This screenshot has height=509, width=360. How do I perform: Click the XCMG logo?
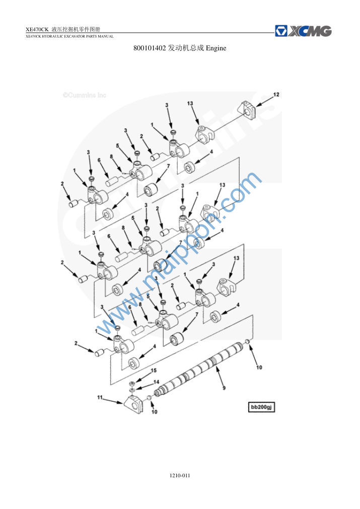click(x=303, y=31)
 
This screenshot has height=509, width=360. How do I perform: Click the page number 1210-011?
click(x=180, y=475)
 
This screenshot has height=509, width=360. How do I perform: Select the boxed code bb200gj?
click(x=261, y=407)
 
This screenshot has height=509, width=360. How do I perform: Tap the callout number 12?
click(x=276, y=95)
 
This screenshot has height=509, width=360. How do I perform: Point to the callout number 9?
click(x=224, y=388)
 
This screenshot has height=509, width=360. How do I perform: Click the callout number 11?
click(x=100, y=397)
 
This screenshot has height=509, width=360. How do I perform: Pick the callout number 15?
click(x=154, y=371)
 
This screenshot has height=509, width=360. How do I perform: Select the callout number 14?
click(x=156, y=382)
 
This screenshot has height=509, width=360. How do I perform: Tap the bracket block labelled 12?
click(x=248, y=110)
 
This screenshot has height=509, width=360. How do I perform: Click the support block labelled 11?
click(x=133, y=403)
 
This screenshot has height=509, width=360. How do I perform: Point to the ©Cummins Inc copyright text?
click(x=85, y=95)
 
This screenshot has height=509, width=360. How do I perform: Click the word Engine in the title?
click(x=216, y=48)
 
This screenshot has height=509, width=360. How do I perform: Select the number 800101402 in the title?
click(x=150, y=48)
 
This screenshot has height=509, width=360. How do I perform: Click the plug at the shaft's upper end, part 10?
click(x=247, y=341)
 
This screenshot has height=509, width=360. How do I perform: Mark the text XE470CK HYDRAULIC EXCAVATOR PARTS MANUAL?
click(x=69, y=36)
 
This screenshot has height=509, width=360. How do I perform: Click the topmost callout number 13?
click(x=190, y=103)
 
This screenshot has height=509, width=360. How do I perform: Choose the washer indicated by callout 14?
click(x=132, y=389)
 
